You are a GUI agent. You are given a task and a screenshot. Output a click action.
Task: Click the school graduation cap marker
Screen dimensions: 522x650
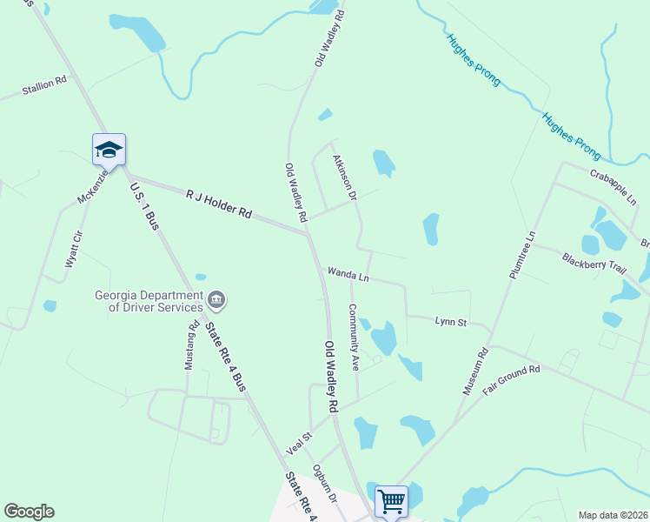[x=109, y=149]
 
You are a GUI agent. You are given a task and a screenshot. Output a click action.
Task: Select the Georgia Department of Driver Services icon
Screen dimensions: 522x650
[x=216, y=301]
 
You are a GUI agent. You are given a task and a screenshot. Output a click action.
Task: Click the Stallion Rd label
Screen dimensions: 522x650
[x=43, y=85]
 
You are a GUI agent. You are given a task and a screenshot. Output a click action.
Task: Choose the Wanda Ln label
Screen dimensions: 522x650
[x=348, y=275]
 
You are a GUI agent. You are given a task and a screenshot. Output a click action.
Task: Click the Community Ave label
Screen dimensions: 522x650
[x=355, y=338]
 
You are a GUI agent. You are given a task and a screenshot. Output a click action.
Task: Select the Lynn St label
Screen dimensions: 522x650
[x=451, y=322]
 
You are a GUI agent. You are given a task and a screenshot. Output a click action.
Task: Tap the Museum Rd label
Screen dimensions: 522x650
[x=475, y=371]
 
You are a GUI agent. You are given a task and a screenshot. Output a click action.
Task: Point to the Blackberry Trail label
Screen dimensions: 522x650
[x=594, y=264]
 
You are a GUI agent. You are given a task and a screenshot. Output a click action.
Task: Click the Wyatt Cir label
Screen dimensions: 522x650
[x=73, y=248]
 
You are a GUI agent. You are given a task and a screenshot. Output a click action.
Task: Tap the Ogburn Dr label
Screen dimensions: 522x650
[x=324, y=484]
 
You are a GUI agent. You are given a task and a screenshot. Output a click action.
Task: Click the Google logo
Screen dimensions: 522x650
[x=29, y=512]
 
